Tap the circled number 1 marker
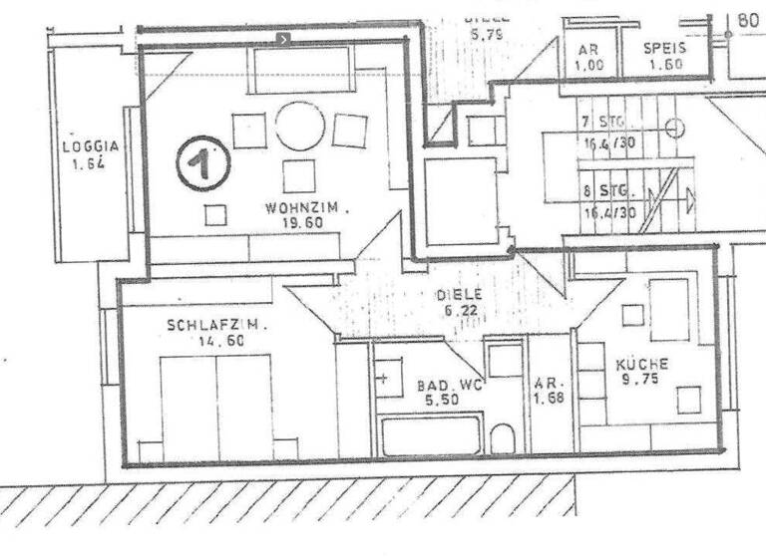point(202,164)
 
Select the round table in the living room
point(300,127)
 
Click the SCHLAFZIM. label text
point(205,325)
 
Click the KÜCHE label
point(641,364)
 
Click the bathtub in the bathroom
point(430,436)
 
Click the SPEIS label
point(663,48)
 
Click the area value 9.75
point(638,380)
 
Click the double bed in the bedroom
point(216,407)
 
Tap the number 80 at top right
point(748,19)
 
